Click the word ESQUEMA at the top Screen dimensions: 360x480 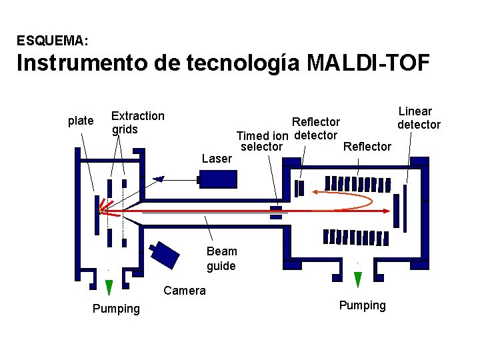[x=51, y=41]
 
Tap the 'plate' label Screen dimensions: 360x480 [x=81, y=121]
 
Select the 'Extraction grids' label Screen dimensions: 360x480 [x=137, y=122]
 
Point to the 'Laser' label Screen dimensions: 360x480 [x=217, y=159]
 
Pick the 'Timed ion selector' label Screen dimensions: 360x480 [x=262, y=141]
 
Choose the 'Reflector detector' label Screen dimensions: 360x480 [x=316, y=129]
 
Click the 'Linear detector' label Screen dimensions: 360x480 [x=418, y=118]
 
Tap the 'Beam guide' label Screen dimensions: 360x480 [x=221, y=259]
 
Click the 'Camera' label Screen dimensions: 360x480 [x=185, y=290]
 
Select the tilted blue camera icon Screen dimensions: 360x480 [x=164, y=253]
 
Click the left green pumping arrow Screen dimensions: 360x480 [x=109, y=287]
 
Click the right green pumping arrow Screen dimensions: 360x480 [x=358, y=279]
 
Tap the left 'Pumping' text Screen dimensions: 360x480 [x=116, y=309]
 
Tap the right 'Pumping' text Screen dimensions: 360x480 [x=362, y=305]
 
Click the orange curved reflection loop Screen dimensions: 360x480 [x=347, y=200]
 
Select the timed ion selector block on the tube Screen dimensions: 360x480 [x=275, y=212]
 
